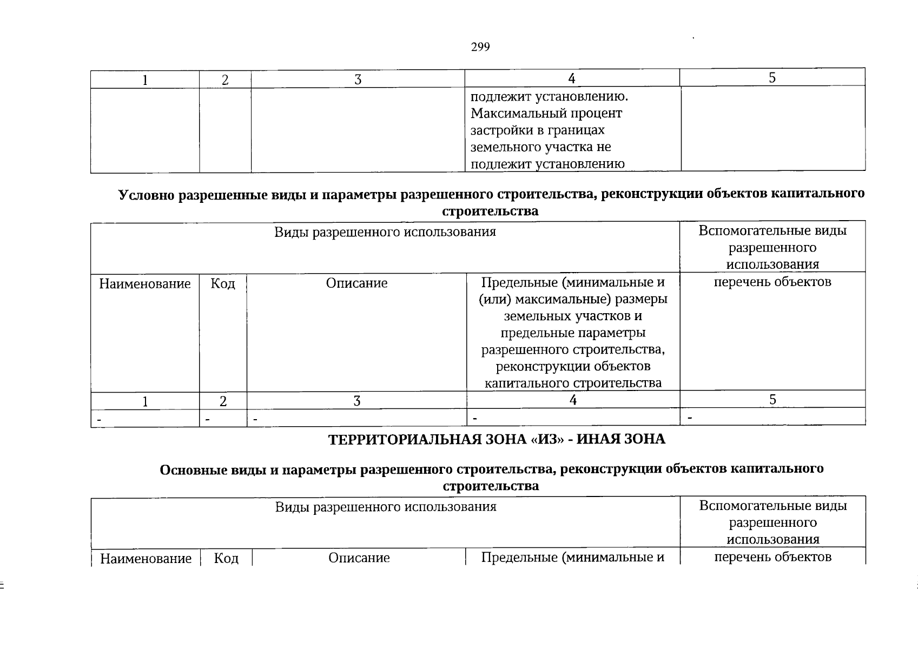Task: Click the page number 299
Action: tap(480, 47)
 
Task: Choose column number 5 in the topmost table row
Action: tap(772, 78)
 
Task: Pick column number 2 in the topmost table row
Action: tap(225, 80)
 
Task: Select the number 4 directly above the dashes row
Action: tap(573, 400)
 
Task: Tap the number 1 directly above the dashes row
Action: tap(145, 401)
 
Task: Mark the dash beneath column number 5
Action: tap(690, 418)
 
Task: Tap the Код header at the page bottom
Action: tap(226, 558)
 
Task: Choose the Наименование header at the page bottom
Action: tap(146, 559)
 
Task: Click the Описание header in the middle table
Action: tap(356, 283)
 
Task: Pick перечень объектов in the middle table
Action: tap(772, 282)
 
